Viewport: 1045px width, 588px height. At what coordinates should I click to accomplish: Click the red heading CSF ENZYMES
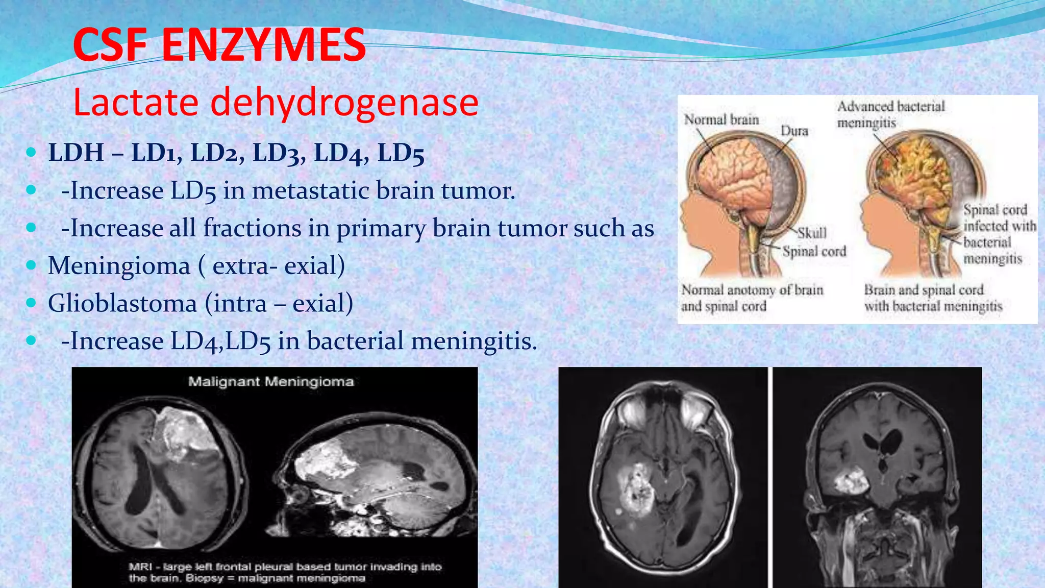tap(219, 45)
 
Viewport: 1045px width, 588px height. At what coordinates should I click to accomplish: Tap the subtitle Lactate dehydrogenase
tap(276, 102)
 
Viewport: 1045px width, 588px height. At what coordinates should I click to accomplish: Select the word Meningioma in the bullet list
tap(119, 265)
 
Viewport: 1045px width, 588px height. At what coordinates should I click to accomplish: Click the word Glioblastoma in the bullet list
tap(122, 303)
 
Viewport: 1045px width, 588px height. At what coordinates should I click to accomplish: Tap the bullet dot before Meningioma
tap(32, 265)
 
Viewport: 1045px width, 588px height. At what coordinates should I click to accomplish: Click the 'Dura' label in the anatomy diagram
tap(794, 131)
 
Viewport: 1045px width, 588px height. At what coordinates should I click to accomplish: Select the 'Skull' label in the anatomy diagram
tap(812, 233)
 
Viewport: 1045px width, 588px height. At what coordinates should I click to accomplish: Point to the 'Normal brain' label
tap(721, 119)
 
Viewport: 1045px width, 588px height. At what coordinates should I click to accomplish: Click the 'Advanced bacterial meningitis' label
tap(891, 114)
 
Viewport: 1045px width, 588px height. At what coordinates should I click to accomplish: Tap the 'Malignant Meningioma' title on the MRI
tap(271, 382)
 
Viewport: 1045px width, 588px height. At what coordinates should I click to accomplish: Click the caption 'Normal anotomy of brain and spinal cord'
tap(752, 298)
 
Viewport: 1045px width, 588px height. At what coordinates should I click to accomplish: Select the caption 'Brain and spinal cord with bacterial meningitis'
tap(933, 298)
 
